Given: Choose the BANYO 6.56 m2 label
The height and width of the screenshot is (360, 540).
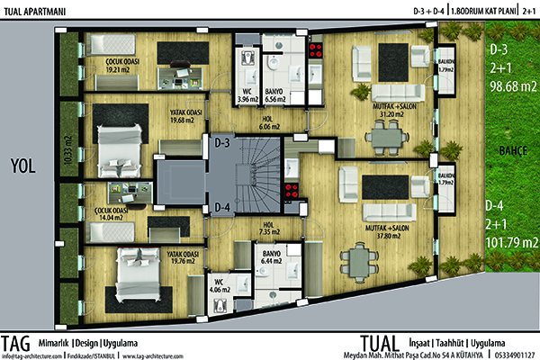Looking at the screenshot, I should pyautogui.click(x=276, y=94).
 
